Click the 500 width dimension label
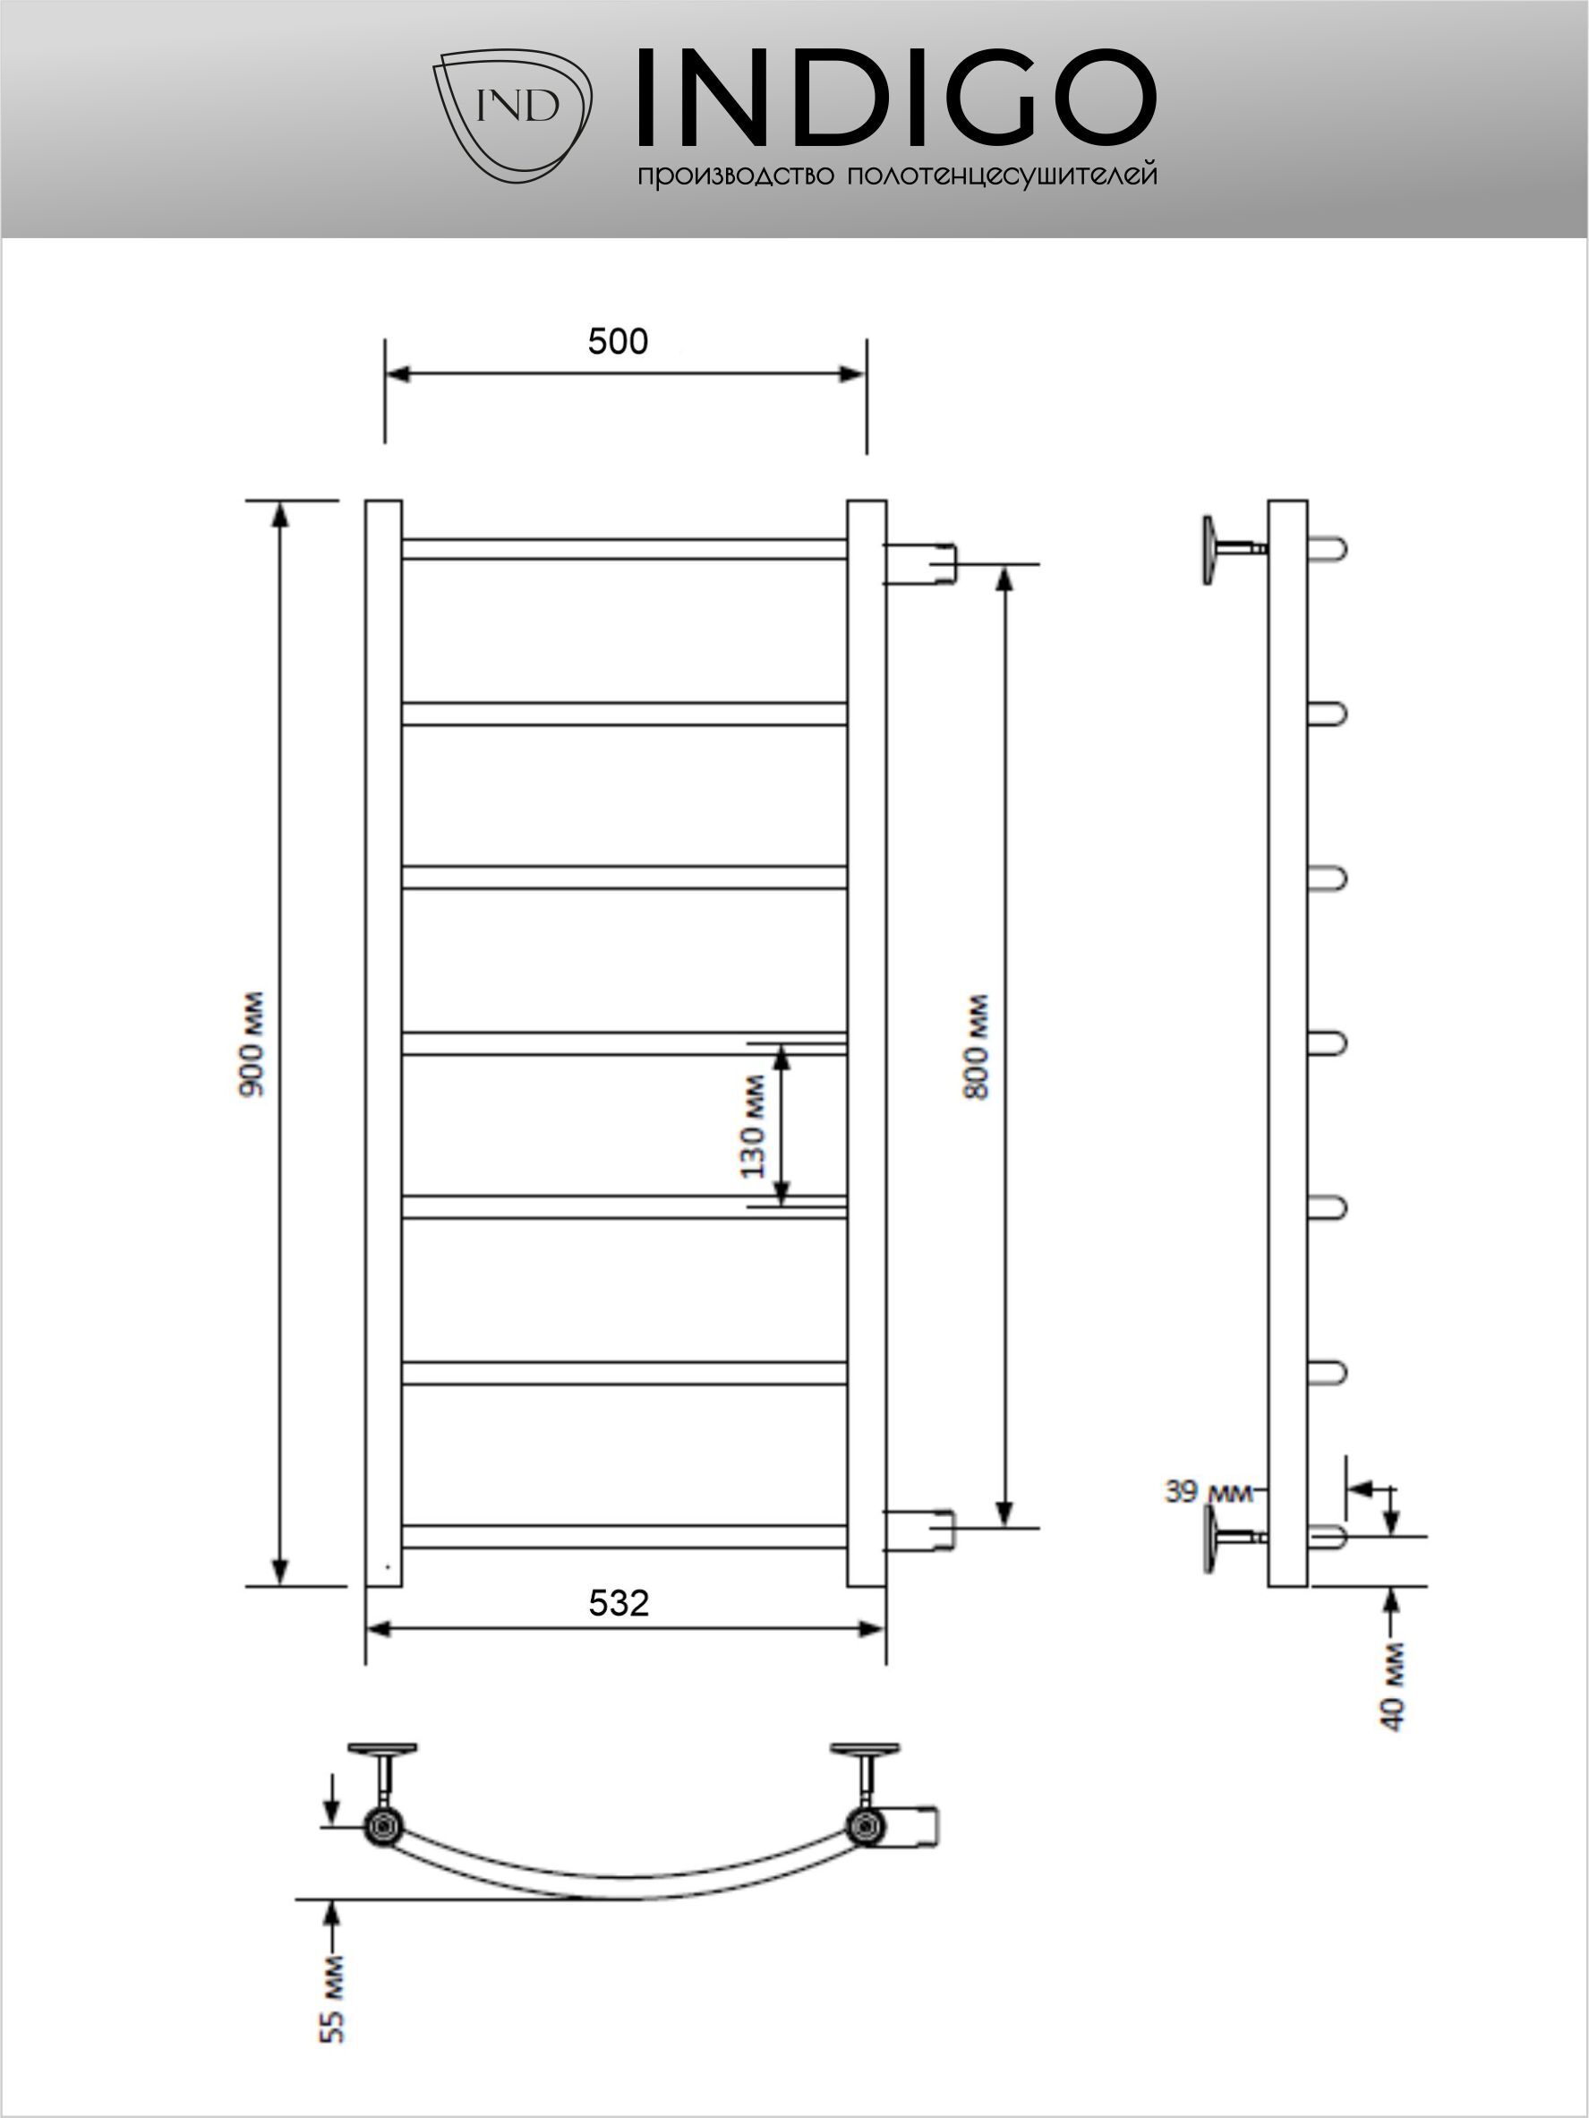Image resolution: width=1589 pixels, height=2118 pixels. coord(618,341)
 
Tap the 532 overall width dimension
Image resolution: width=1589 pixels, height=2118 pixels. coord(619,1603)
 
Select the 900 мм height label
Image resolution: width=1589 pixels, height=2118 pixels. coord(252,1044)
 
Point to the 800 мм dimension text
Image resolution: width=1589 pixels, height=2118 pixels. coord(977,1047)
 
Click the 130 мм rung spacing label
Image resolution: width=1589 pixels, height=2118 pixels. coord(754,1126)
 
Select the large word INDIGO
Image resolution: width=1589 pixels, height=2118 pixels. coord(897,99)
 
